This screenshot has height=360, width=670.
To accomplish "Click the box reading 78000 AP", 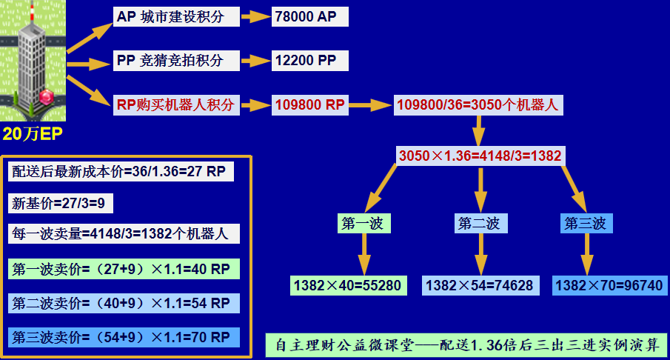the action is coord(309,17).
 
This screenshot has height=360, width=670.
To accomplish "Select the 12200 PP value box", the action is coord(309,60).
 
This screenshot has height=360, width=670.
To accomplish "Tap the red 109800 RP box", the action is coord(309,104).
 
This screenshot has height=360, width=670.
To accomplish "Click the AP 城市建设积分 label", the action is coord(176,17).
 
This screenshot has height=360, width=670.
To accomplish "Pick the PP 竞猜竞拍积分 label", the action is coord(176,60).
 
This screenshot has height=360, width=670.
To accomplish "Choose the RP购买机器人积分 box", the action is coord(176,104).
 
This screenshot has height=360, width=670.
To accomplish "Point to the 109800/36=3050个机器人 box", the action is coord(478,104).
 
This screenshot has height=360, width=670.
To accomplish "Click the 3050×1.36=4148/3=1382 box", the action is coord(480,156).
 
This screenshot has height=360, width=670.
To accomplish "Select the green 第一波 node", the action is coord(364,223).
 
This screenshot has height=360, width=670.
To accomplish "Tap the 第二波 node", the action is coord(480,223).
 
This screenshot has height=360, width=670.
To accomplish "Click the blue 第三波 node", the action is coord(586,223).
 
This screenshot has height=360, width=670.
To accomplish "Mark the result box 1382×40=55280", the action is coord(348,285).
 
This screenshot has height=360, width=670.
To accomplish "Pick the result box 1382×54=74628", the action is coord(480,285).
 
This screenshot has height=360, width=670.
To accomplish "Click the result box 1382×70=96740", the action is coord(609,285).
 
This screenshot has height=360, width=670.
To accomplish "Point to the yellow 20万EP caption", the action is coord(33,134).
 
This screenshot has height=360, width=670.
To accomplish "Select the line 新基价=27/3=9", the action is coord(60,203).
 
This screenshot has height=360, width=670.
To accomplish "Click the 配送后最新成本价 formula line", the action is coord(121,171).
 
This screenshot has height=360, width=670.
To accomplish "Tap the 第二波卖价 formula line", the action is coord(124,303).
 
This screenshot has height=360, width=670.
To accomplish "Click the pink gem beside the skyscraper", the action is coord(46,96).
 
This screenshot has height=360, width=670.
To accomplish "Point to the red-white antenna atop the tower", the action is coord(31,10).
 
